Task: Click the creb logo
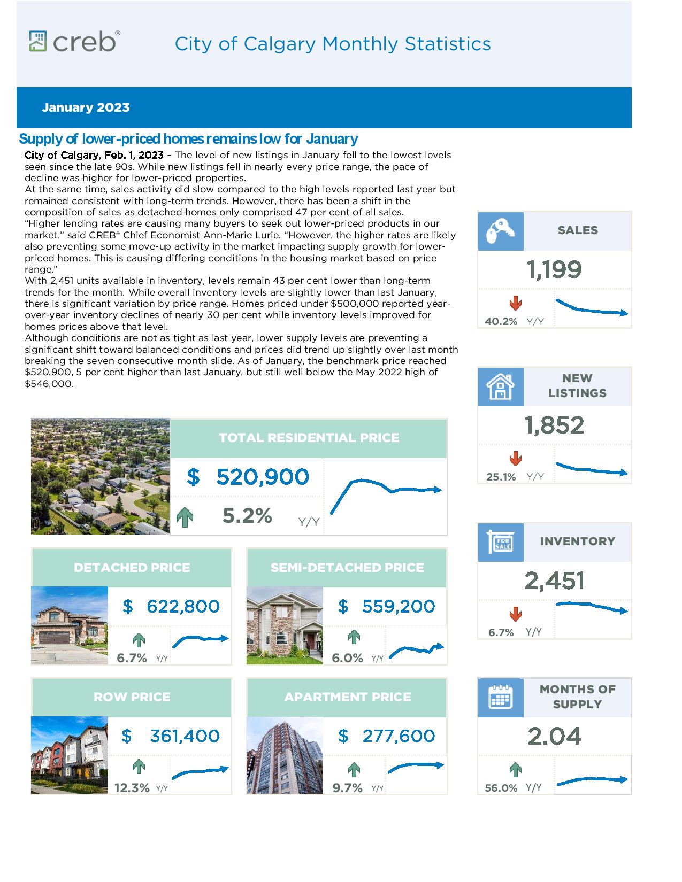[x=75, y=41]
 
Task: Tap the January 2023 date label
[x=86, y=107]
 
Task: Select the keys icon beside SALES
[x=501, y=231]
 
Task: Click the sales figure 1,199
[x=555, y=269]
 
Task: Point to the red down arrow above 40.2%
[x=516, y=303]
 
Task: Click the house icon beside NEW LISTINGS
[x=501, y=387]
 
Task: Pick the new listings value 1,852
[x=555, y=425]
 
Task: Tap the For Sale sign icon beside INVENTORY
[x=501, y=542]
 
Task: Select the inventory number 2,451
[x=555, y=581]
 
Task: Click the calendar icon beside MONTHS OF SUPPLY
[x=501, y=698]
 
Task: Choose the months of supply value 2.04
[x=555, y=736]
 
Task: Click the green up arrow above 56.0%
[x=516, y=770]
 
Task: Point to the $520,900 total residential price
[x=248, y=477]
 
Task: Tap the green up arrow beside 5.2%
[x=185, y=517]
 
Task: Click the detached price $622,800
[x=171, y=607]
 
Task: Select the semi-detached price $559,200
[x=386, y=607]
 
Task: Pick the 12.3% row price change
[x=132, y=788]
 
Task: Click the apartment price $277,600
[x=386, y=736]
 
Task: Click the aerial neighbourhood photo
[x=101, y=476]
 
